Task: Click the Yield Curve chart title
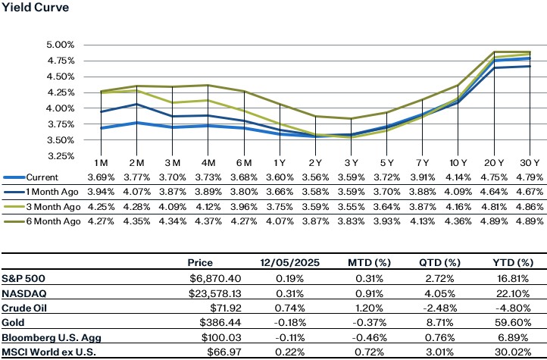tap(36, 8)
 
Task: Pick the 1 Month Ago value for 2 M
tap(136, 192)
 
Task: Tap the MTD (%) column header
tap(370, 262)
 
